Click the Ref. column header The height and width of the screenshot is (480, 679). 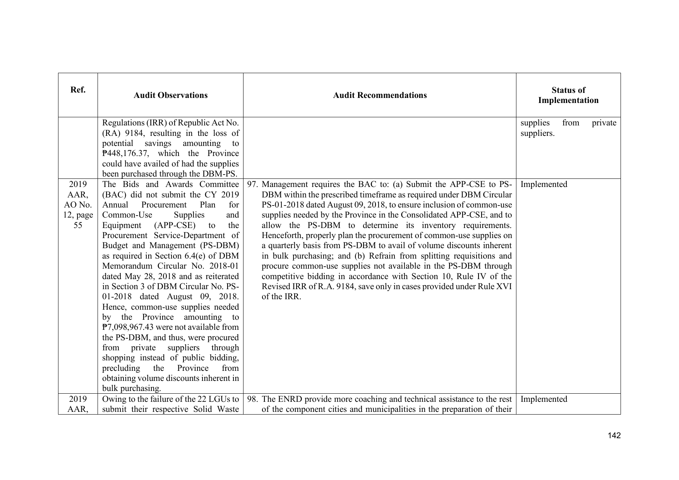[78, 90]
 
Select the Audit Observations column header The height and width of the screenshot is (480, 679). [170, 95]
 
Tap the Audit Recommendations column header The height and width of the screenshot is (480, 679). [380, 95]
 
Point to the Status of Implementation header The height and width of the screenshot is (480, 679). [568, 95]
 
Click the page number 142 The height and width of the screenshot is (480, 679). [614, 435]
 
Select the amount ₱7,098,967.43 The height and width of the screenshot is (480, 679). [126, 327]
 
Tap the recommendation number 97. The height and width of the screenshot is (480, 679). [252, 184]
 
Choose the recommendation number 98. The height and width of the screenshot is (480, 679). [252, 399]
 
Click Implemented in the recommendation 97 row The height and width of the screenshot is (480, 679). [544, 184]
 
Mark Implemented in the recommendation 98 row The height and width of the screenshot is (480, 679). [544, 399]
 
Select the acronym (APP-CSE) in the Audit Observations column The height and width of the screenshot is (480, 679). [174, 225]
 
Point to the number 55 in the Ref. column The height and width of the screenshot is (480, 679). [78, 225]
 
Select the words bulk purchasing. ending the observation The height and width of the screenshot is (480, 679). [131, 388]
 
